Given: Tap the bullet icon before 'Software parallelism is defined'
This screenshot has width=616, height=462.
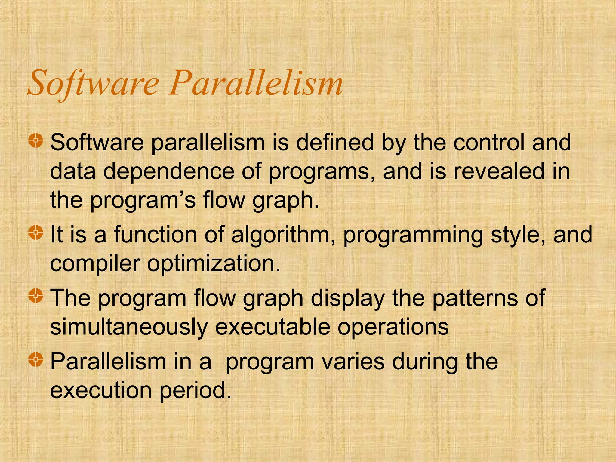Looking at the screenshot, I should (36, 141).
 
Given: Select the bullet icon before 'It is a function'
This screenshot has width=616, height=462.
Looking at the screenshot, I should (36, 233).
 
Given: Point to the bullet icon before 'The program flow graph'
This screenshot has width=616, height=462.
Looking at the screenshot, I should (36, 296).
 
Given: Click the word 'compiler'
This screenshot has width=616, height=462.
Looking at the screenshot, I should (95, 264).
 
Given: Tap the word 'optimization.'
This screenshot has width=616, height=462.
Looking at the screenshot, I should (214, 264).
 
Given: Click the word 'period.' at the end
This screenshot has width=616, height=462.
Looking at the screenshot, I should (196, 390).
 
